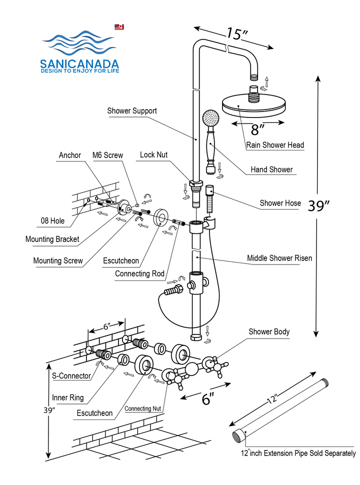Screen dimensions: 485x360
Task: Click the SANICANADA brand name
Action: (79, 64)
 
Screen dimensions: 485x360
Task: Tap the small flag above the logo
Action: (119, 27)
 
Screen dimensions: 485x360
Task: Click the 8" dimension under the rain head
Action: (258, 130)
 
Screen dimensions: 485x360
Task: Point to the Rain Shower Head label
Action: (275, 145)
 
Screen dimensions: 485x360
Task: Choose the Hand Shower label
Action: (271, 169)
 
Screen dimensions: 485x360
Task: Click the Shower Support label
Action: (132, 111)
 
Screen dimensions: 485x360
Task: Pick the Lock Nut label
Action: (153, 155)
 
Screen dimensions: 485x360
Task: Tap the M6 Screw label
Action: (107, 155)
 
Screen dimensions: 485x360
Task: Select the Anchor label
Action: (70, 155)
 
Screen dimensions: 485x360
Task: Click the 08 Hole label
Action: (52, 221)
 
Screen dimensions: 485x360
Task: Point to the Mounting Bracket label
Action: (52, 239)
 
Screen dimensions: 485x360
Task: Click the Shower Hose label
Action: (280, 203)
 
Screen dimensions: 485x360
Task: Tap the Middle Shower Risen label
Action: (279, 258)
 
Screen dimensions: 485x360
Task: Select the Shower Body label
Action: (269, 331)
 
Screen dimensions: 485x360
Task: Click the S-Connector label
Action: (71, 375)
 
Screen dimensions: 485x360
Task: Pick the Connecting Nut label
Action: (145, 408)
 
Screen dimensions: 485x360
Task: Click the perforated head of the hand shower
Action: (210, 119)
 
